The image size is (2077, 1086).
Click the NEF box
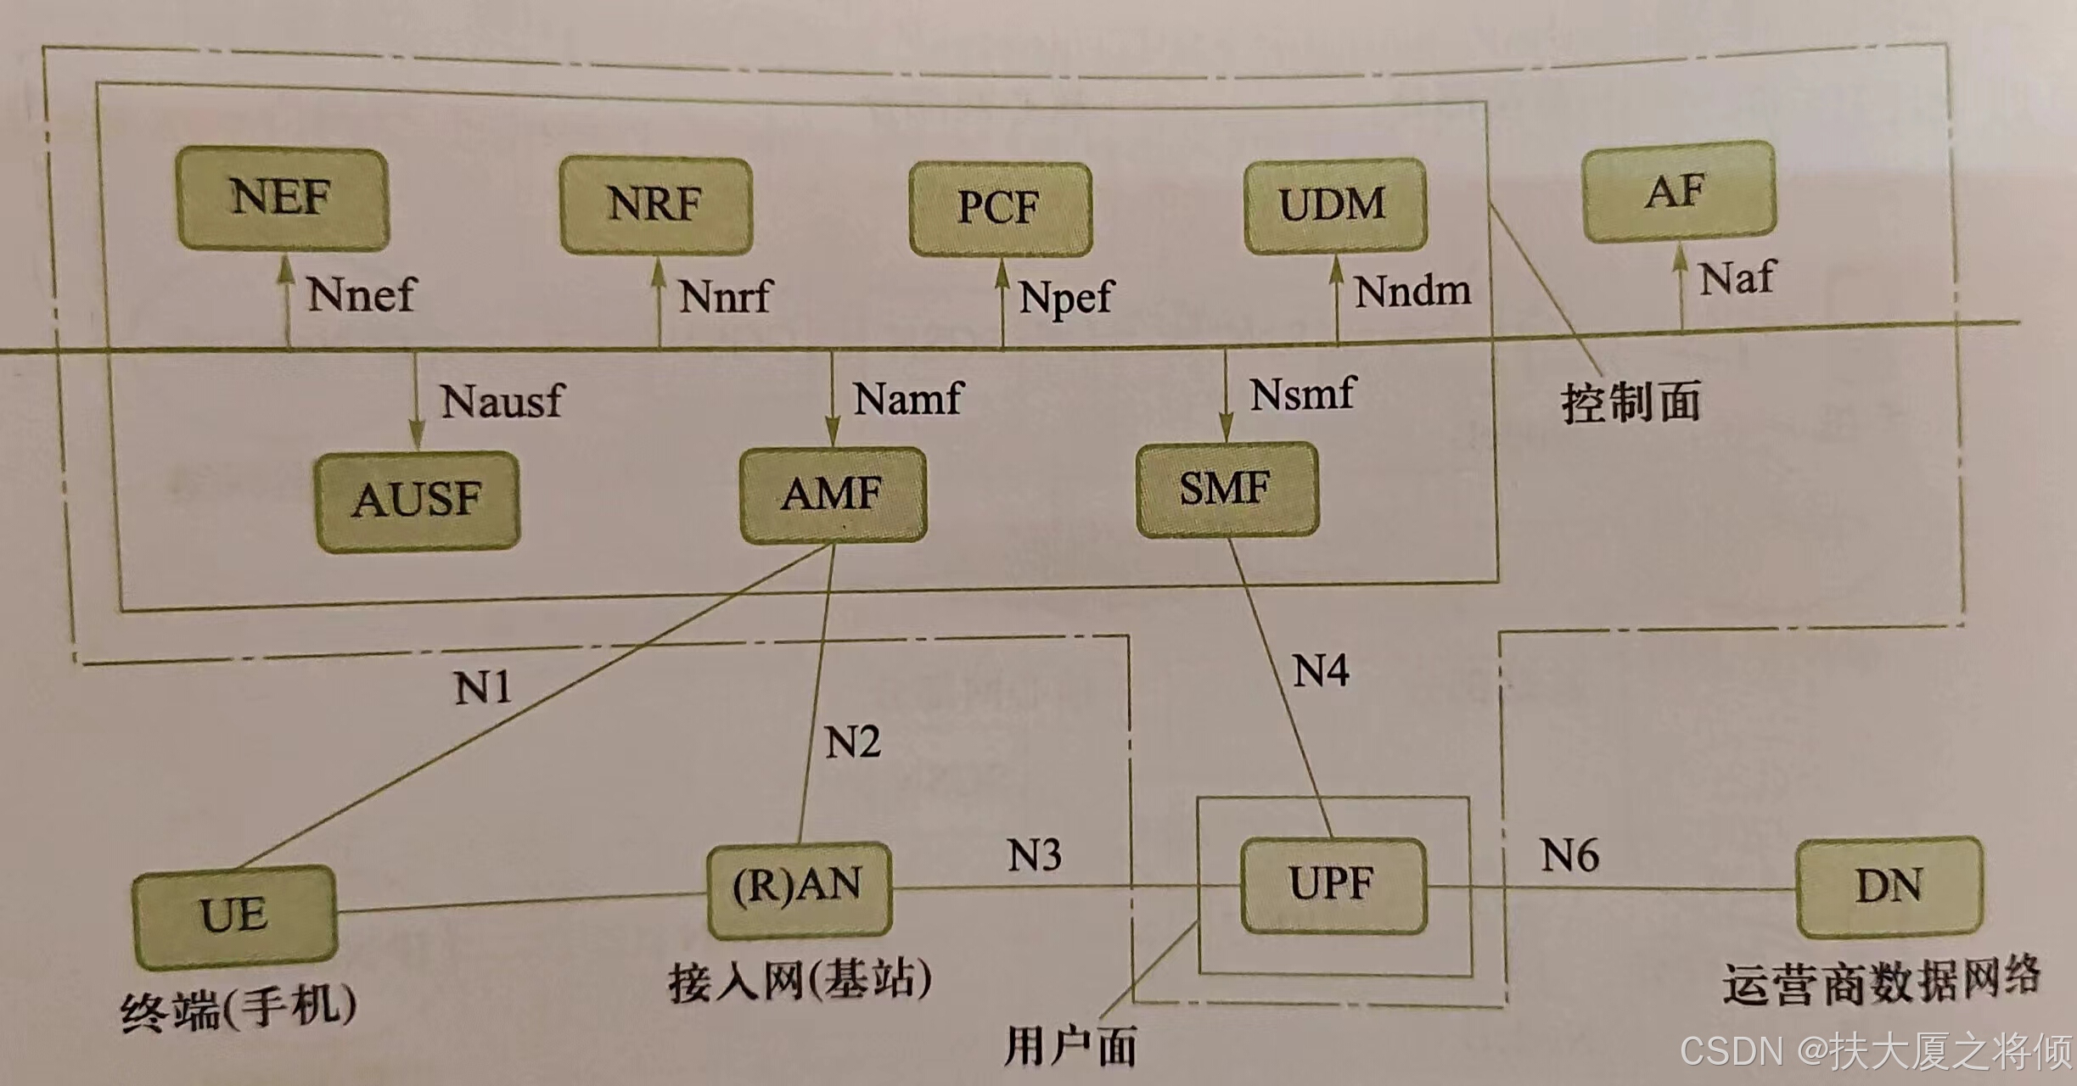tap(283, 199)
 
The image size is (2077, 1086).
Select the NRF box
tap(655, 204)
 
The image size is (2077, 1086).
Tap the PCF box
tap(1000, 209)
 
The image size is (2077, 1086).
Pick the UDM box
tap(1334, 204)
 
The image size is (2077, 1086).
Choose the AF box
tap(1678, 191)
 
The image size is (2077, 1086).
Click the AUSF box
tap(417, 500)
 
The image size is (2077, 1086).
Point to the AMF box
tap(833, 495)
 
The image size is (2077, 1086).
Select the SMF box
tap(1227, 489)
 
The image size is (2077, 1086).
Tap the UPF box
tap(1333, 885)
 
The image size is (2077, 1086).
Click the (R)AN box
tap(799, 887)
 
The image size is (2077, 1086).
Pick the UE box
tap(234, 915)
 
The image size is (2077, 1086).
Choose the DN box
tap(1889, 887)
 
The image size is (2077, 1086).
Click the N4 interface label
tap(1321, 671)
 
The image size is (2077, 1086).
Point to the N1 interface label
tap(483, 687)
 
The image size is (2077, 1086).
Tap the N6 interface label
tap(1569, 855)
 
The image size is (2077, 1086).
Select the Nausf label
tap(502, 401)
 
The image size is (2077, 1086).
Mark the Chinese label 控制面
tap(1631, 402)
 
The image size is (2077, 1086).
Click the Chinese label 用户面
tap(1070, 1045)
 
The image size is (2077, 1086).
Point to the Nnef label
tap(361, 295)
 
